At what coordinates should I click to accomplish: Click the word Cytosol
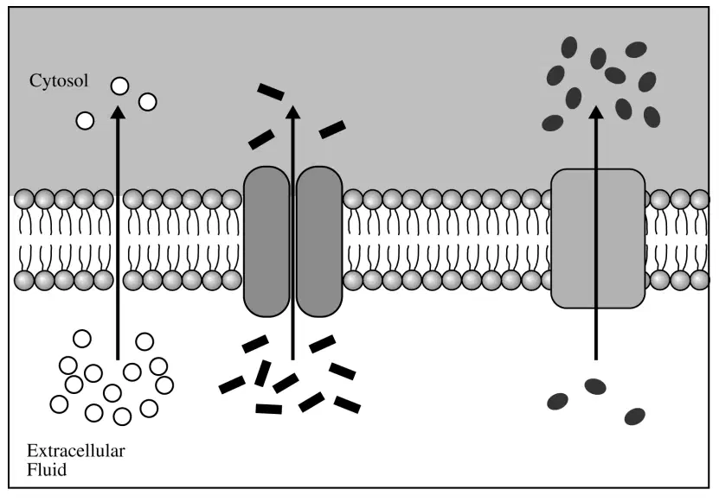point(59,81)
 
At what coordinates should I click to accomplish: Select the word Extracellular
point(75,451)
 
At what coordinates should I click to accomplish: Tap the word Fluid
point(47,470)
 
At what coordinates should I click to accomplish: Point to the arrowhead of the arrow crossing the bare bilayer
point(119,112)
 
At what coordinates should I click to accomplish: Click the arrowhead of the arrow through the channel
point(292,111)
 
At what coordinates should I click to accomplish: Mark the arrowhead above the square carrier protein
point(595,111)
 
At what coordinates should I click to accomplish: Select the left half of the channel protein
point(266,241)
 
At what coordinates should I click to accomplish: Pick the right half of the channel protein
point(319,241)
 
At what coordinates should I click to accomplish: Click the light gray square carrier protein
point(598,238)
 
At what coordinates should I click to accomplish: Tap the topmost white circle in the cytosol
point(119,86)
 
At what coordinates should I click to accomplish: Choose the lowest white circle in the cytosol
point(85,121)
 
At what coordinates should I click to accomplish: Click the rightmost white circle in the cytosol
point(148,102)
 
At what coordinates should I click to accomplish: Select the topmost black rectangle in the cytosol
point(271,92)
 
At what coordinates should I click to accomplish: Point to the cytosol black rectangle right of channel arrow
point(332,129)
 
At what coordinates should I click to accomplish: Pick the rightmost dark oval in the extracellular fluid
point(634,416)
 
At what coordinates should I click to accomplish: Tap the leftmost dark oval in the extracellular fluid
point(557,401)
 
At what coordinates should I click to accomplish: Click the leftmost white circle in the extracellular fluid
point(59,404)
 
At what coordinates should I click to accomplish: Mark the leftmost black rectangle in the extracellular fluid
point(232,384)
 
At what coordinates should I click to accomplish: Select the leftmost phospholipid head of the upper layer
point(24,200)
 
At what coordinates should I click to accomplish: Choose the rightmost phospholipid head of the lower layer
point(700,280)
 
